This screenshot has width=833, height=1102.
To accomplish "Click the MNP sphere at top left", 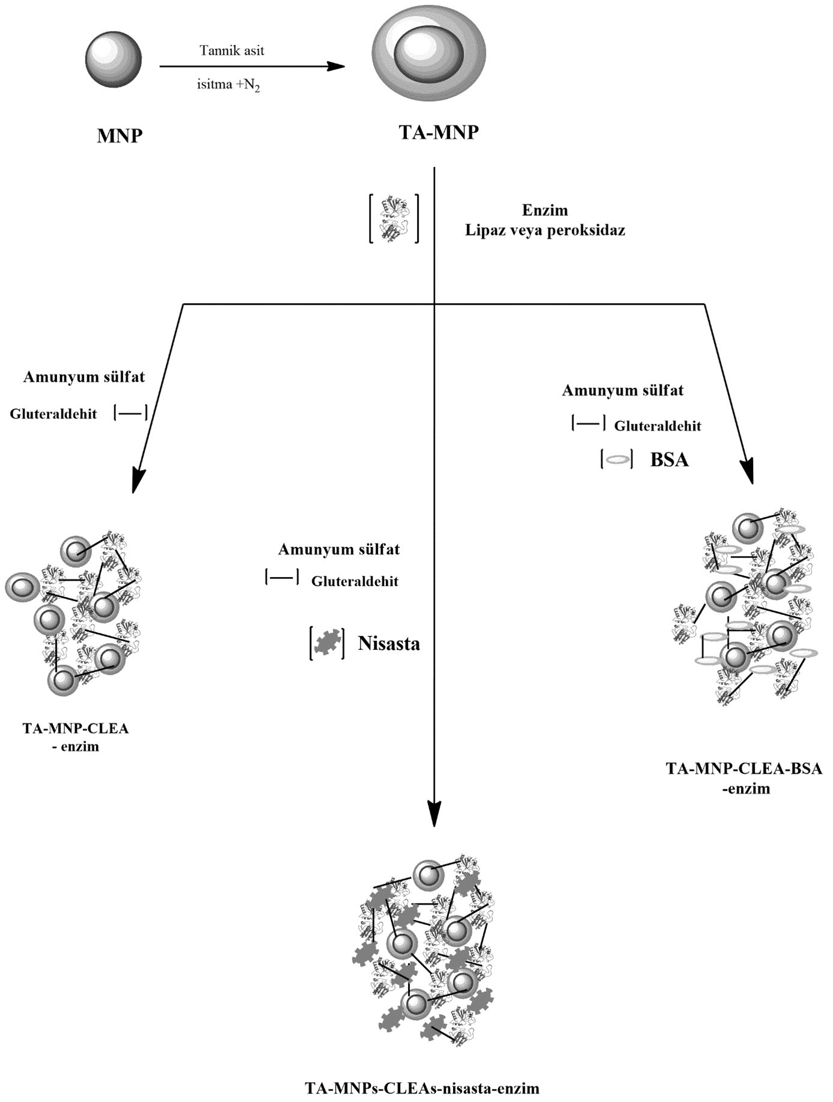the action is pyautogui.click(x=114, y=60).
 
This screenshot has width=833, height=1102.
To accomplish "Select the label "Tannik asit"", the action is pyautogui.click(x=232, y=51).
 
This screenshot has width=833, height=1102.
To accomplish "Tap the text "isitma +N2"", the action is pyautogui.click(x=228, y=85).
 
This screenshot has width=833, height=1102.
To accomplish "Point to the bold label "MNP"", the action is pyautogui.click(x=120, y=136).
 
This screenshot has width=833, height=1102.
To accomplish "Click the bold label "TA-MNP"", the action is pyautogui.click(x=439, y=132).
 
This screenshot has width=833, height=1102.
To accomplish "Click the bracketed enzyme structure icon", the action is pyautogui.click(x=394, y=218).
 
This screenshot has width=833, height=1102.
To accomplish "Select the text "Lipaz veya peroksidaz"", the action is pyautogui.click(x=545, y=230).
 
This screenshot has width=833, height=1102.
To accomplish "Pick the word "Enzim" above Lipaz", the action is pyautogui.click(x=545, y=210).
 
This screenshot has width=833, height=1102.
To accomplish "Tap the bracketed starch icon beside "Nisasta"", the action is pyautogui.click(x=327, y=643).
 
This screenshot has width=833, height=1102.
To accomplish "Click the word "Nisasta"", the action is pyautogui.click(x=389, y=643).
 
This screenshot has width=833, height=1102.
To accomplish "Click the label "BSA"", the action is pyautogui.click(x=670, y=460).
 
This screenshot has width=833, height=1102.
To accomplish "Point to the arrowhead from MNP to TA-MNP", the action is pyautogui.click(x=336, y=66).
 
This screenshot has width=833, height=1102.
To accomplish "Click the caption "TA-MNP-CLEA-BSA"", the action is pyautogui.click(x=744, y=768).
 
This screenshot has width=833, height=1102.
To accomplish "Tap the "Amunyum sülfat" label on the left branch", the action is pyautogui.click(x=84, y=377).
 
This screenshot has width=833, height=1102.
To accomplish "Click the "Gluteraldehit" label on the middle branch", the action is pyautogui.click(x=355, y=581).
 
